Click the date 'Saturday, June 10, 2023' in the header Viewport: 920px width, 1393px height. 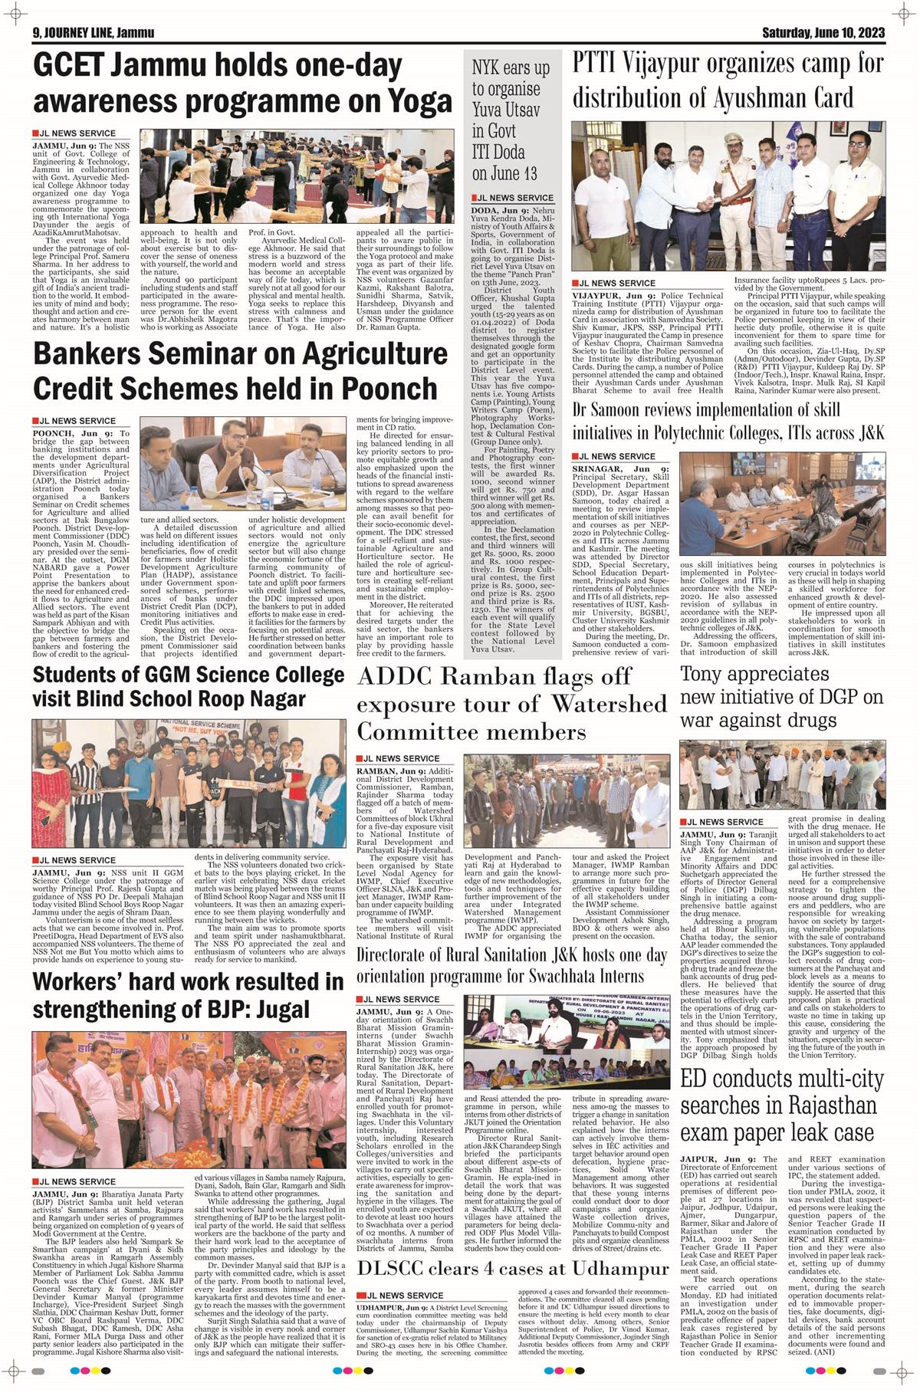point(823,33)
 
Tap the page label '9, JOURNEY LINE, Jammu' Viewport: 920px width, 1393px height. point(94,33)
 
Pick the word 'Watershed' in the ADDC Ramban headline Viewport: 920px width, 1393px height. point(609,703)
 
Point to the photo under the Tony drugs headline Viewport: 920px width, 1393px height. point(782,777)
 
